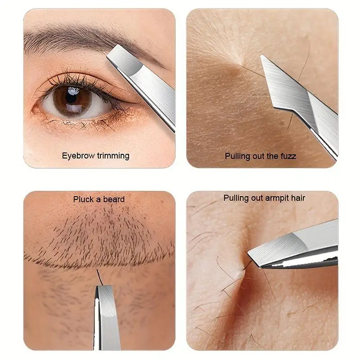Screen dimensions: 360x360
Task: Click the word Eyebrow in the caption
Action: [x=78, y=156]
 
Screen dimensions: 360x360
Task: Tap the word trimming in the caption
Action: [x=113, y=156]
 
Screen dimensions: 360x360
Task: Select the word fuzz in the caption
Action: [x=288, y=156]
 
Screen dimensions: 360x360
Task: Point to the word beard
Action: [x=113, y=199]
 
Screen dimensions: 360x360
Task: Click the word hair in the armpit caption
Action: [x=299, y=198]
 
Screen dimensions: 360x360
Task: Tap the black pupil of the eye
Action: [x=72, y=97]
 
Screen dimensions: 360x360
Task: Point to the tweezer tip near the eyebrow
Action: [x=108, y=56]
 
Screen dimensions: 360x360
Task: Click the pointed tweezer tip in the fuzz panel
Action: [x=261, y=56]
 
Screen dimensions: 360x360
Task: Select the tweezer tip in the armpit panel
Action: [x=249, y=253]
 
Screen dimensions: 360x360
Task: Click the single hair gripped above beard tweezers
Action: [x=99, y=277]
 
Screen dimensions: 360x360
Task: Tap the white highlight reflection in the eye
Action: [x=73, y=92]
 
